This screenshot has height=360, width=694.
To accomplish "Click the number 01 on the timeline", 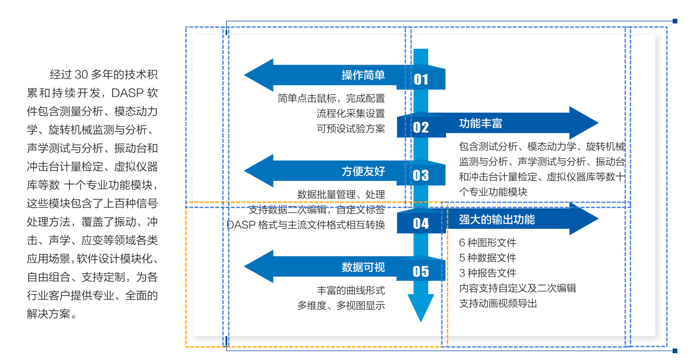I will point(421,79).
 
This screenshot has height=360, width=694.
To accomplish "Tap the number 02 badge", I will point(421,127).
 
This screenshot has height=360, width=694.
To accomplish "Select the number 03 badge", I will point(421,175).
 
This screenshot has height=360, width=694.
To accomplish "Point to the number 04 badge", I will point(421,223).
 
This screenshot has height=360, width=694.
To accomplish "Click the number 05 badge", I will point(421,271).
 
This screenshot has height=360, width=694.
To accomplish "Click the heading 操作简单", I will point(363,75).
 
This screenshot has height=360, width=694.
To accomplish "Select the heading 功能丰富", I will point(480,123).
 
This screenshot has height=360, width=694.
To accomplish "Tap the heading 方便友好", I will point(363,171).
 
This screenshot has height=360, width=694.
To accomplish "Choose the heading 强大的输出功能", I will point(497,219).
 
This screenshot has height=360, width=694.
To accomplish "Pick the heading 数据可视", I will point(363,267).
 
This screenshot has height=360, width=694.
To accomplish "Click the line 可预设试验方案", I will point(351,128).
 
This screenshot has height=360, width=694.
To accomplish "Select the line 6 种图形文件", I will point(488,243).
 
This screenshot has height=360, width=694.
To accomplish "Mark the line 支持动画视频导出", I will point(498,303).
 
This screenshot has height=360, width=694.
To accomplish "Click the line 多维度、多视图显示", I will point(341,306).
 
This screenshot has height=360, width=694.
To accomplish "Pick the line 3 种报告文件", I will point(488,273).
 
